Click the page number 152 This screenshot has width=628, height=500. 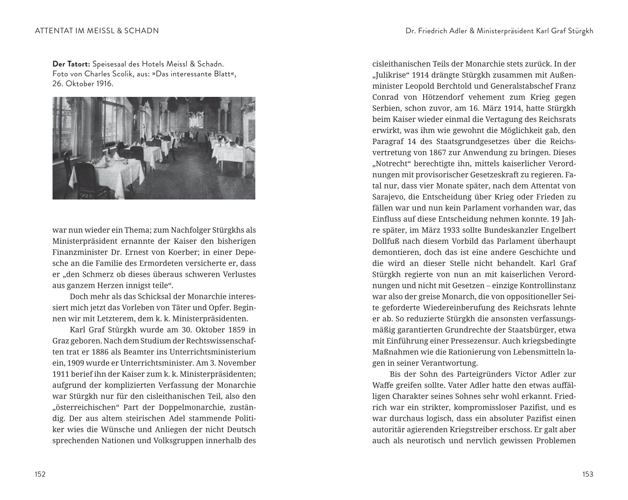[x=40, y=474]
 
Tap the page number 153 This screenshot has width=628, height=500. [x=588, y=474]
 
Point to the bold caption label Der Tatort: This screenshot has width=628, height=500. [x=71, y=64]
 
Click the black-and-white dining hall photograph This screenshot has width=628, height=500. [x=154, y=148]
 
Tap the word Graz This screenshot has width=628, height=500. [x=60, y=341]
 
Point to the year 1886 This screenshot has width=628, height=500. [x=121, y=352]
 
